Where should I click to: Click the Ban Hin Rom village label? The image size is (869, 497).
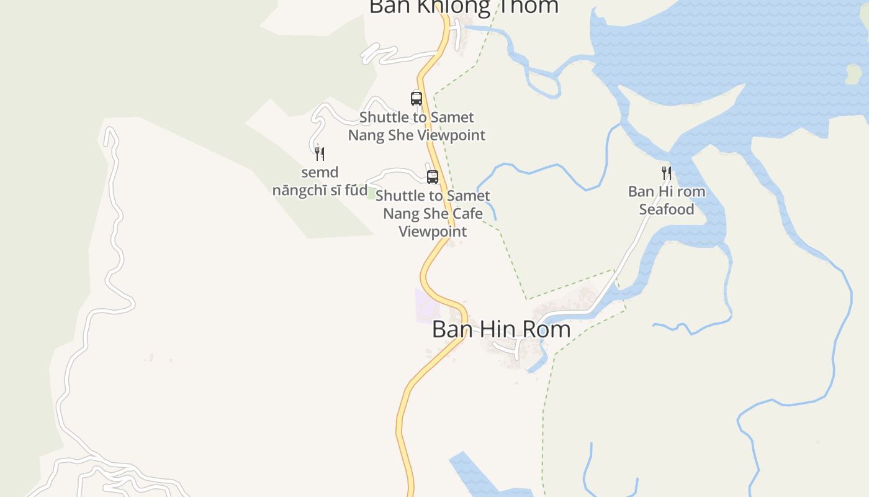[x=501, y=329]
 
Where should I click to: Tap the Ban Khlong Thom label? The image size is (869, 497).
[x=464, y=6]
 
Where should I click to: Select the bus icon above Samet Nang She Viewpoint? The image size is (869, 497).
[x=416, y=98]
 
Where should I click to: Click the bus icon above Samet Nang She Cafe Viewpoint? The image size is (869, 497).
[x=433, y=176]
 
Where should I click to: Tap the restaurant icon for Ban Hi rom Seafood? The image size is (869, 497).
[x=667, y=173]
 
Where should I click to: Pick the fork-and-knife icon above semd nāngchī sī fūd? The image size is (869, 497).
[x=320, y=153]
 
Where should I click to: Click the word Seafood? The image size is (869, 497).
[x=667, y=209]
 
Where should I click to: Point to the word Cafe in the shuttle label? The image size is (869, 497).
[x=468, y=214]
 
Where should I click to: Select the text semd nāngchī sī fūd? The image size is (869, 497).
[x=320, y=181]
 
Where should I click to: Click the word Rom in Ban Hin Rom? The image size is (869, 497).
[x=547, y=329]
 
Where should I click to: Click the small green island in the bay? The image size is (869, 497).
[x=854, y=74]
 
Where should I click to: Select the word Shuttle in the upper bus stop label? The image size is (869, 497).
[x=385, y=117]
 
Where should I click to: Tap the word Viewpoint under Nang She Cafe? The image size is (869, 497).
[x=433, y=232]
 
